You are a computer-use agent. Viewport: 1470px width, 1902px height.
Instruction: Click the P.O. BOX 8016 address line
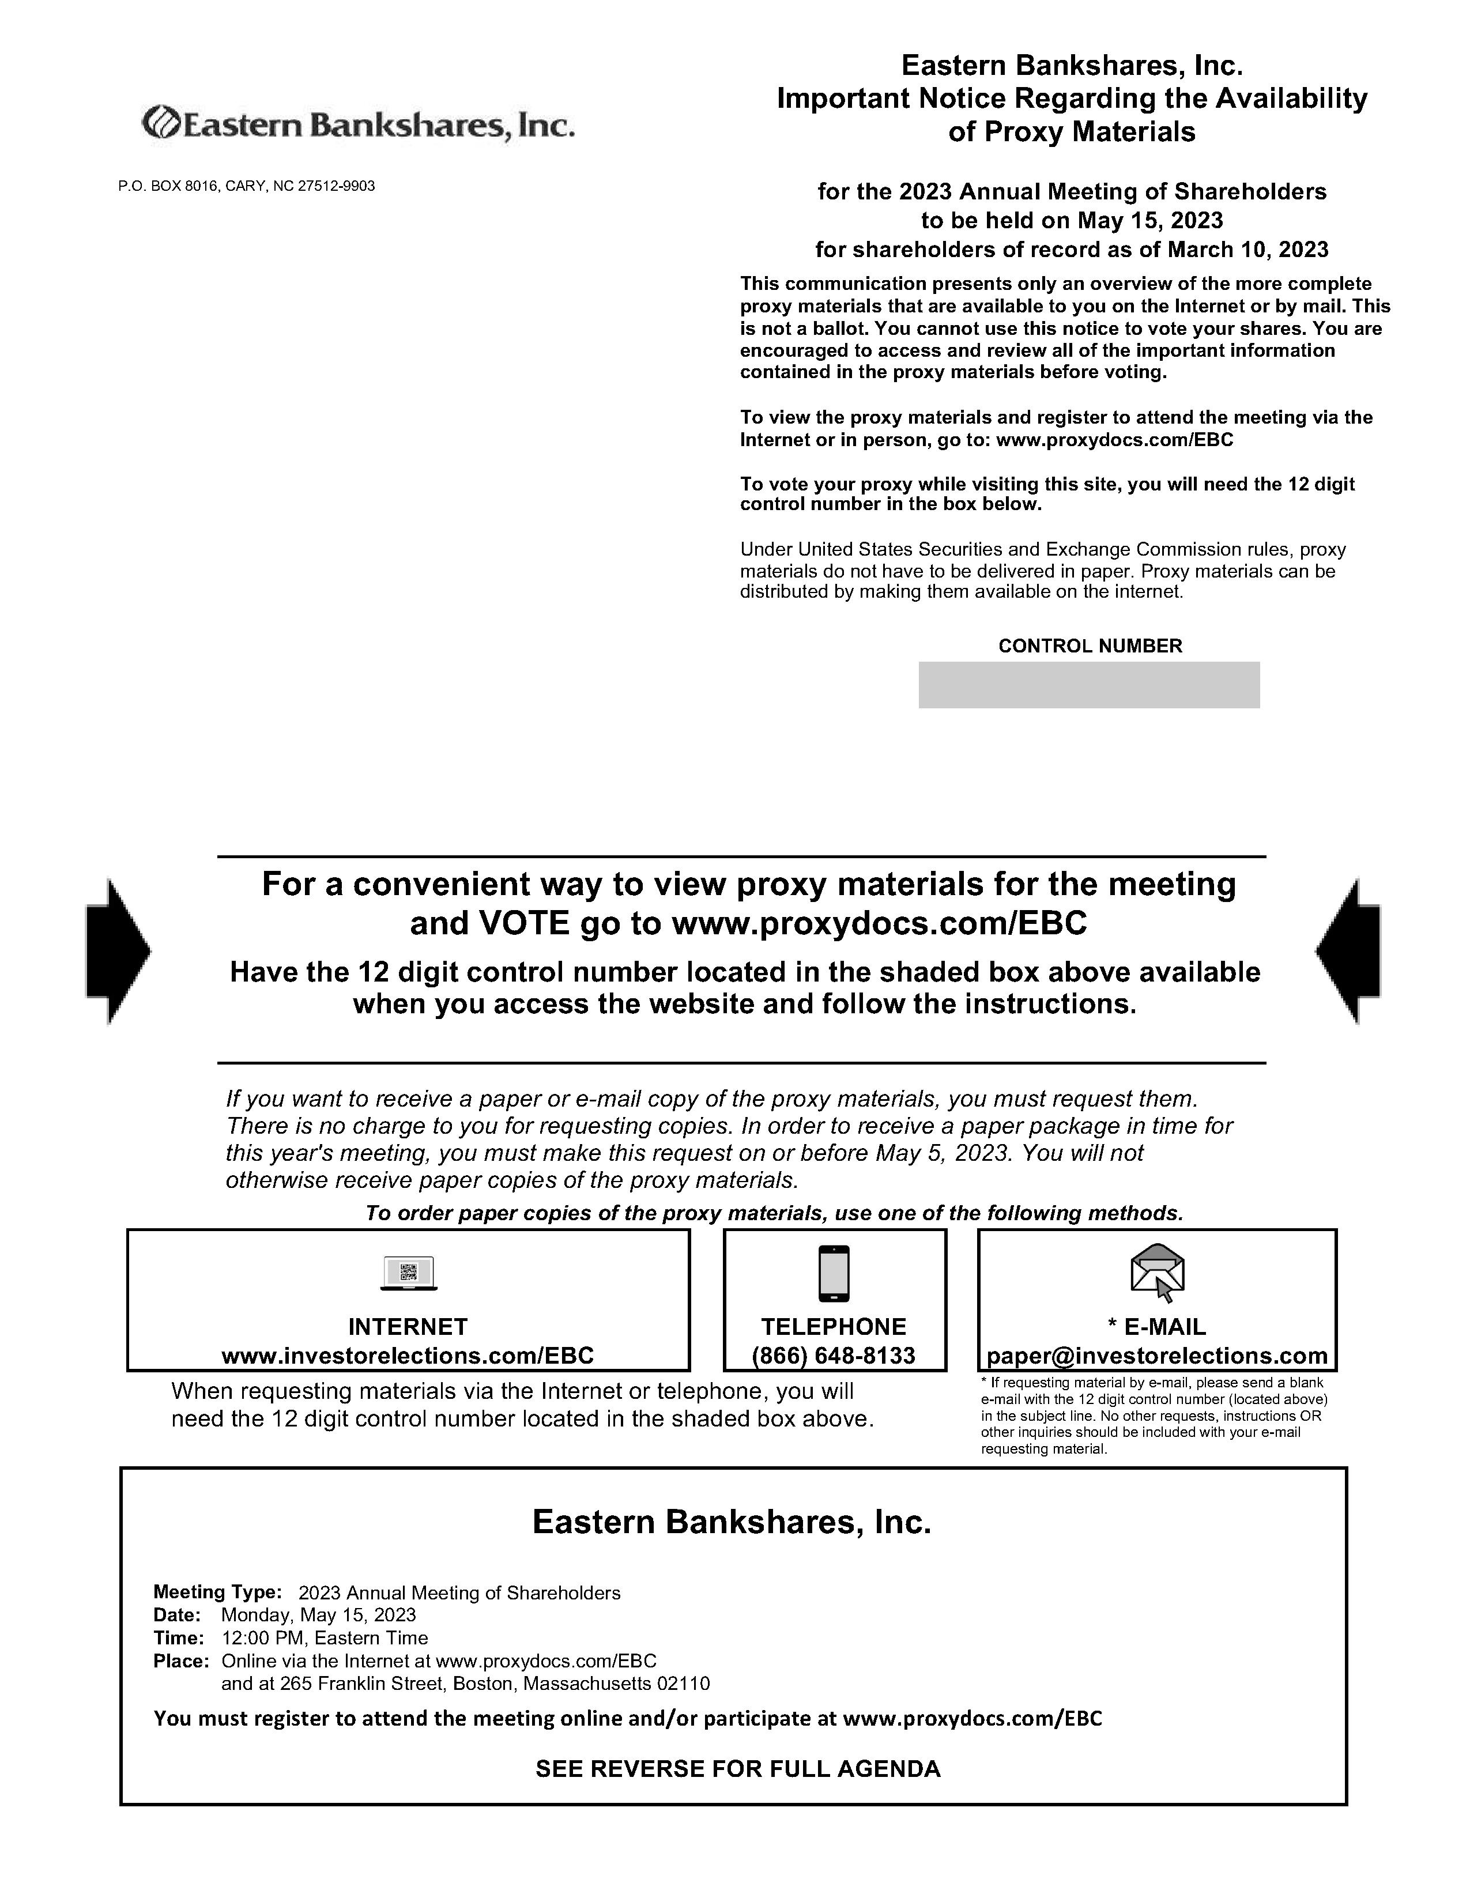click(247, 186)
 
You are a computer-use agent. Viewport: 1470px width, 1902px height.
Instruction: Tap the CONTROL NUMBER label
click(1090, 646)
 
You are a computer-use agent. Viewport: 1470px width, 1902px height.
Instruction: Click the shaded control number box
click(1088, 685)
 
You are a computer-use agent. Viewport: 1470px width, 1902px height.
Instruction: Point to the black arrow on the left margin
click(118, 950)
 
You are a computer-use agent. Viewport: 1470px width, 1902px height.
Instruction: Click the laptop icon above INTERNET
click(409, 1273)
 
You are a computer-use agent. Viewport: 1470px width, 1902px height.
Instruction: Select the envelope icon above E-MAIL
click(1158, 1271)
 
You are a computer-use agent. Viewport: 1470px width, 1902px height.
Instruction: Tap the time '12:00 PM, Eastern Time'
click(325, 1638)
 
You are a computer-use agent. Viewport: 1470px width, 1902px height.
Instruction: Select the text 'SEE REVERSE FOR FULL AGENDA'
click(738, 1769)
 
